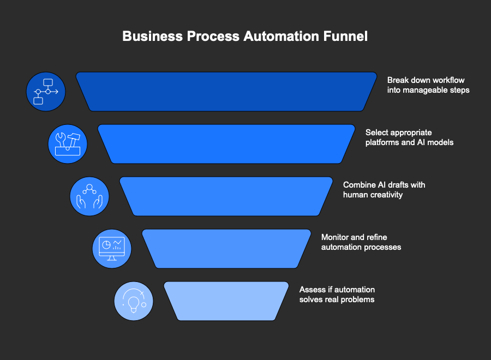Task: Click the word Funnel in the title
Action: tap(345, 37)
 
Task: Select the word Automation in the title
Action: tap(279, 37)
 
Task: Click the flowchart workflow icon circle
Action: tap(46, 92)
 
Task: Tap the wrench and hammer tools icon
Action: tap(68, 144)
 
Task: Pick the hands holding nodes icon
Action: tap(89, 196)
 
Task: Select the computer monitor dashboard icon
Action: tap(111, 249)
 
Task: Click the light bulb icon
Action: tap(133, 301)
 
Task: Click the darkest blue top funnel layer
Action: tap(226, 92)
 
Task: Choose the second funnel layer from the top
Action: tap(226, 144)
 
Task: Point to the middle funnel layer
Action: tap(226, 196)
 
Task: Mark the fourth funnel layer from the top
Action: tap(226, 249)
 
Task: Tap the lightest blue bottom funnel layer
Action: tap(226, 301)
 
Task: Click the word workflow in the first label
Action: tap(448, 80)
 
